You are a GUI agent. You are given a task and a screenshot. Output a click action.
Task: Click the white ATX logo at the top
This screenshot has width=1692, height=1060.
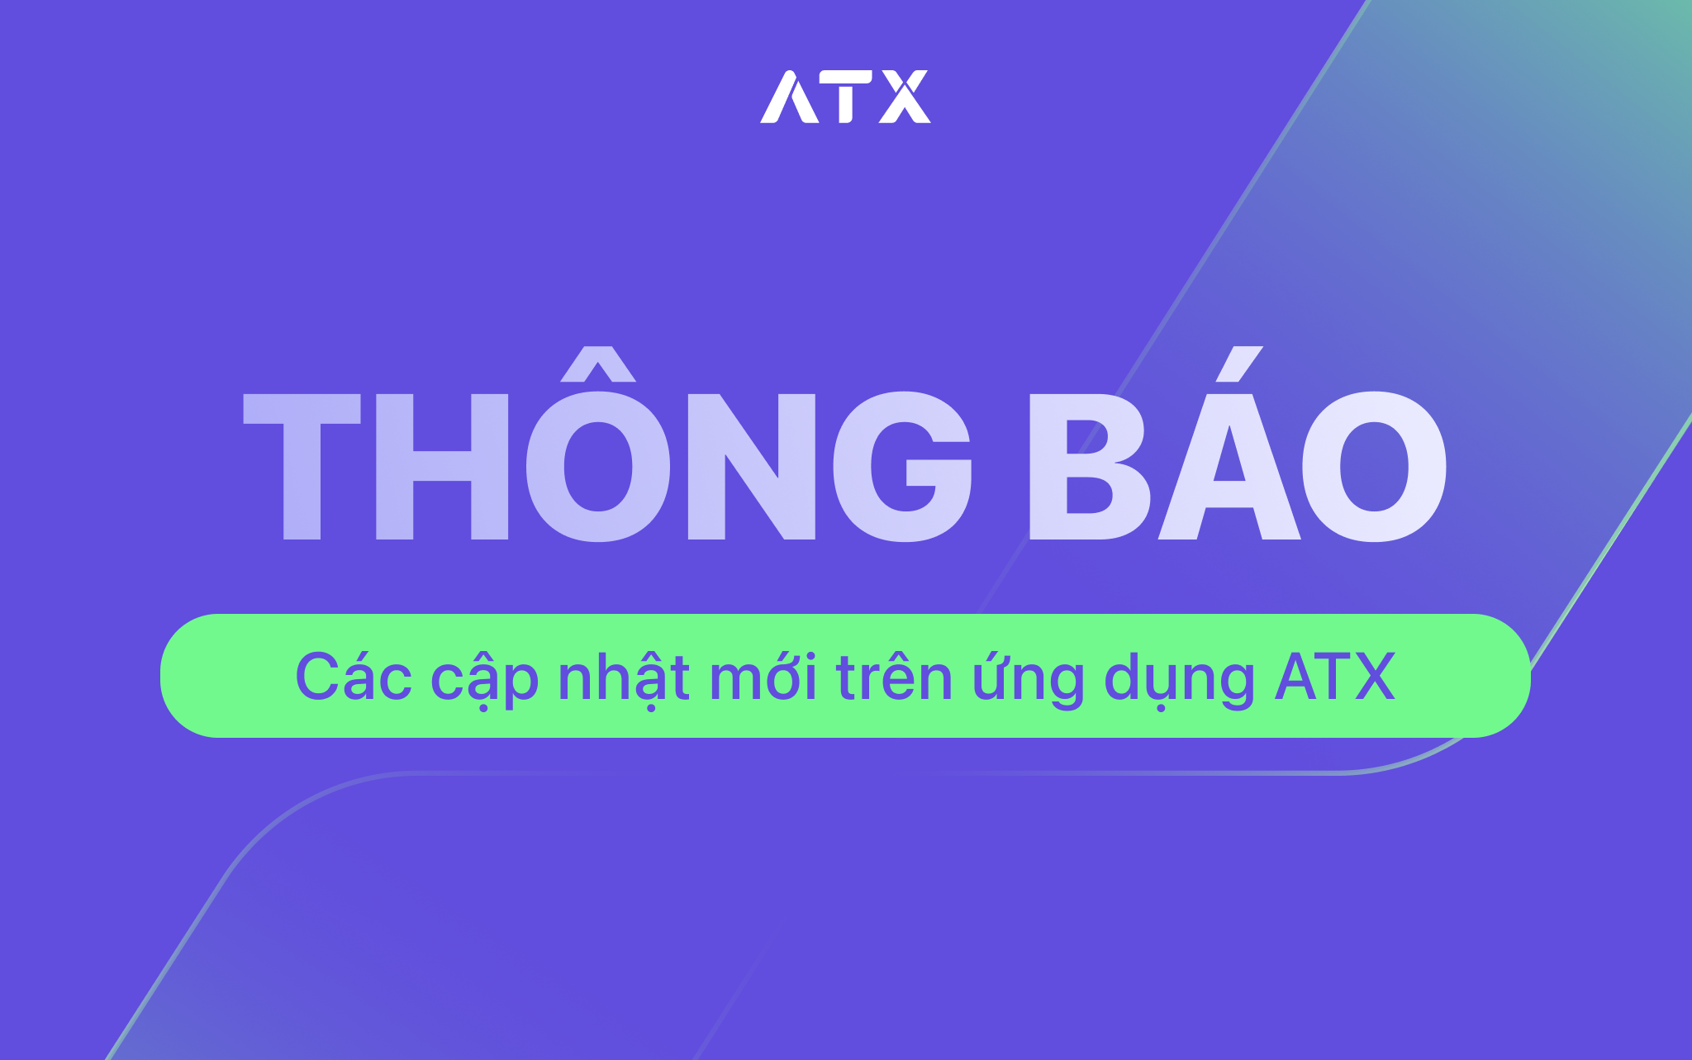click(x=845, y=97)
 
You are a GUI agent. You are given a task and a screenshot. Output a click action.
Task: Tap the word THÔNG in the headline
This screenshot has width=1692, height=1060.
click(x=607, y=444)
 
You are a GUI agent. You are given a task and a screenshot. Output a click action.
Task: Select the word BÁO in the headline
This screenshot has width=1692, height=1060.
click(x=1238, y=444)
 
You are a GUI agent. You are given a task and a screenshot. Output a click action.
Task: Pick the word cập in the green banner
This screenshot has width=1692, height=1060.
click(x=485, y=679)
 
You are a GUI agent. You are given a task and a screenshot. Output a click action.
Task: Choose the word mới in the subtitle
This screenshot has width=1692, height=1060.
click(x=763, y=676)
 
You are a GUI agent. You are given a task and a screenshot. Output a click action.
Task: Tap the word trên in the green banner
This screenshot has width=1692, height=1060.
click(x=894, y=676)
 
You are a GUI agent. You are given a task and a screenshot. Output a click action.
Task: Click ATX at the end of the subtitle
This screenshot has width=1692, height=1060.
click(x=1335, y=677)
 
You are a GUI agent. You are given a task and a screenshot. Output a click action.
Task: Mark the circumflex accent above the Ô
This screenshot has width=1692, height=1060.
click(x=598, y=364)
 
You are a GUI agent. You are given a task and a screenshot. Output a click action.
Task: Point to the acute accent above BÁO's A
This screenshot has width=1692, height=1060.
click(x=1239, y=364)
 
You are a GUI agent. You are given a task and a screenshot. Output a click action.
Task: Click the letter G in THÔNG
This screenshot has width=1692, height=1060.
click(x=902, y=467)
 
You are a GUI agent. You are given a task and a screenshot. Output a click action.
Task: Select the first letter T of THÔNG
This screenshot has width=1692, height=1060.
click(x=302, y=467)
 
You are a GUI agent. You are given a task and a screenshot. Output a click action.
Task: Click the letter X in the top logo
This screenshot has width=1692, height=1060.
click(x=905, y=97)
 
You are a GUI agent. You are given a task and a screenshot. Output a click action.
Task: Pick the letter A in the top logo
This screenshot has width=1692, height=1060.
click(x=789, y=97)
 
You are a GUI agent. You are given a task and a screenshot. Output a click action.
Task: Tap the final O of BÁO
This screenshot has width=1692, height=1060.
click(x=1375, y=467)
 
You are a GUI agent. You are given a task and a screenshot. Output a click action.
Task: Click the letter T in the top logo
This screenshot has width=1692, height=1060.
click(x=845, y=97)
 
